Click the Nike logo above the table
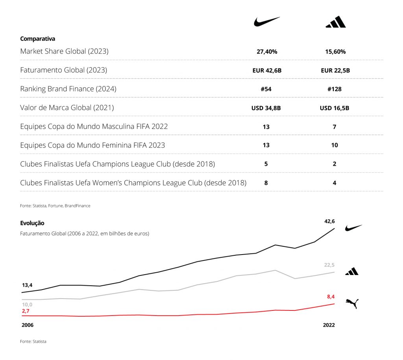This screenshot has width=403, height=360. (x=266, y=22)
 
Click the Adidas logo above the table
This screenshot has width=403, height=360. (x=335, y=22)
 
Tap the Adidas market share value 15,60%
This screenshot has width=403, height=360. (x=335, y=52)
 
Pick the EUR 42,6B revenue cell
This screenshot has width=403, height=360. (x=266, y=70)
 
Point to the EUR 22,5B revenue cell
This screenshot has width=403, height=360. (x=335, y=70)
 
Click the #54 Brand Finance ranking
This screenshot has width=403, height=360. (x=266, y=89)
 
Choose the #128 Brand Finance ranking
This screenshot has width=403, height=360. (x=335, y=89)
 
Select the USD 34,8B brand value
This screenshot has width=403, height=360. (x=266, y=108)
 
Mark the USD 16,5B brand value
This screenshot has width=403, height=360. (x=335, y=108)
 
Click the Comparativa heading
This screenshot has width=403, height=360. (x=37, y=39)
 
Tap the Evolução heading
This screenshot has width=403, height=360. (x=32, y=223)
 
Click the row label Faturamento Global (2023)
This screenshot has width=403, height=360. (x=63, y=70)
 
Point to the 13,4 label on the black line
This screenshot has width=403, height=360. (x=27, y=285)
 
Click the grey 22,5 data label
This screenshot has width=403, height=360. (x=329, y=265)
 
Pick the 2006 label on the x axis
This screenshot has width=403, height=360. (x=27, y=325)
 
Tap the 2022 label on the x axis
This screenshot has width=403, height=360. (x=329, y=325)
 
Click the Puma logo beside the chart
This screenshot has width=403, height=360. (x=352, y=303)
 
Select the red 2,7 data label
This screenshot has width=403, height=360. (x=26, y=311)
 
